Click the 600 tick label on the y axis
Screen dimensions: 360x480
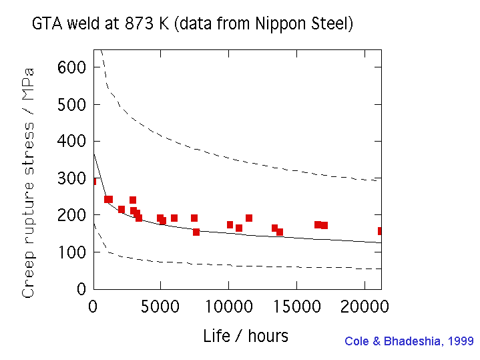(x=71, y=67)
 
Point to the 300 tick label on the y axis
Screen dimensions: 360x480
(x=71, y=178)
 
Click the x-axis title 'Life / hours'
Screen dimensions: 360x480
(x=246, y=336)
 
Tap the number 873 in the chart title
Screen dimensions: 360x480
(x=136, y=25)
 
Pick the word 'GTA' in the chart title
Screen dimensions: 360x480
(x=46, y=25)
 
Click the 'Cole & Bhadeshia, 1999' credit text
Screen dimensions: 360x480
(x=409, y=341)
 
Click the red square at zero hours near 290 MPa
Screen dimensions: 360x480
(x=94, y=181)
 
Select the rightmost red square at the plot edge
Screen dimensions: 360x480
(x=380, y=231)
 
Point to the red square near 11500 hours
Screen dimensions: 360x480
(x=249, y=218)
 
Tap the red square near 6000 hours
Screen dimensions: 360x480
(x=174, y=218)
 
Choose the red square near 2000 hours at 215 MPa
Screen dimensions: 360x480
(x=122, y=210)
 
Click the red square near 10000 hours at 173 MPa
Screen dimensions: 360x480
(x=230, y=225)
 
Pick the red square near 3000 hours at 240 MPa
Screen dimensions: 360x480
(x=133, y=200)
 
